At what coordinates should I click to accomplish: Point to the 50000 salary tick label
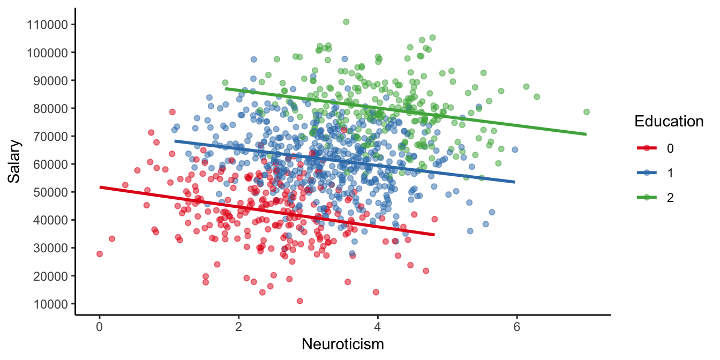tap(47, 192)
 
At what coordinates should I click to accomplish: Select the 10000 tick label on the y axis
tap(47, 304)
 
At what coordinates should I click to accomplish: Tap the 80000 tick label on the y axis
tap(47, 108)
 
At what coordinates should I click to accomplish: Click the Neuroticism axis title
tap(343, 344)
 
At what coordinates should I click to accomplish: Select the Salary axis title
tap(14, 162)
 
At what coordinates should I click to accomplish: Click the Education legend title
tap(669, 122)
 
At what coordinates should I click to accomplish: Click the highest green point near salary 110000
tap(346, 22)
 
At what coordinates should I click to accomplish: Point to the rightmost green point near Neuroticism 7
tap(586, 112)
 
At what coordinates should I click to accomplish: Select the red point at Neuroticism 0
tap(100, 254)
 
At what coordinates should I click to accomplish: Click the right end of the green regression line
tap(586, 134)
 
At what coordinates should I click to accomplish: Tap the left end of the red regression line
tap(100, 187)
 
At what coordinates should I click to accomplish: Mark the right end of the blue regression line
tap(514, 182)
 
